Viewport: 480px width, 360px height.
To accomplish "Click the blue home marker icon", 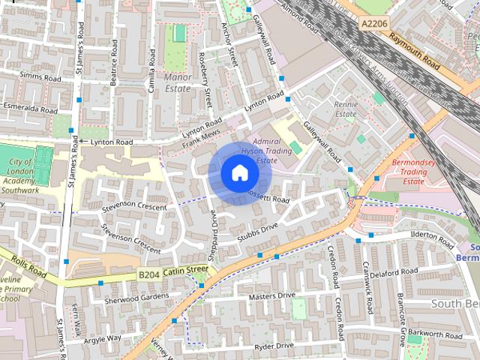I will point(239,174).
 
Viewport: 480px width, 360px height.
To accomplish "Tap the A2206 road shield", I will point(373,24).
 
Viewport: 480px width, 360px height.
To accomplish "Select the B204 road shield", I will point(148,276).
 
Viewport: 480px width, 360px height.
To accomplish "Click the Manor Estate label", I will point(178,82).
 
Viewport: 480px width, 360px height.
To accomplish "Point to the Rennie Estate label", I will point(346,109).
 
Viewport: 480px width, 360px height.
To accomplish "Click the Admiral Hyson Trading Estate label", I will point(271,150).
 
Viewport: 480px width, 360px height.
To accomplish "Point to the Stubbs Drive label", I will point(258,229).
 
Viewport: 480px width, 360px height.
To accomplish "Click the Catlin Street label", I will point(185,270).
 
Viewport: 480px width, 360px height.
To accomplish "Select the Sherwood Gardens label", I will point(136,297).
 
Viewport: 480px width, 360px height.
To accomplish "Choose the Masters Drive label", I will point(271,296).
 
